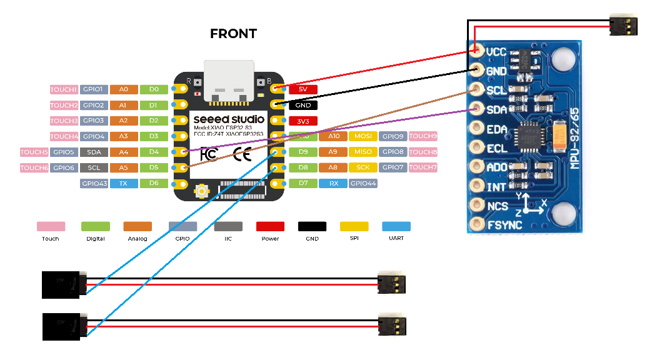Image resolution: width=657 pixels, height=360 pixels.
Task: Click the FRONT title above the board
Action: tap(233, 34)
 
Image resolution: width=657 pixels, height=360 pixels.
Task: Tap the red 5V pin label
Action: tap(303, 89)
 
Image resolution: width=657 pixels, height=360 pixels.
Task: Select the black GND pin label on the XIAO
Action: tap(303, 105)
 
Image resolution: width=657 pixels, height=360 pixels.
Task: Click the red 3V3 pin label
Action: tap(303, 121)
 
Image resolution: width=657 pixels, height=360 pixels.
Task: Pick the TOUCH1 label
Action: tap(64, 89)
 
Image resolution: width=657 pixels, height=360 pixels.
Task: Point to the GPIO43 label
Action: tap(94, 183)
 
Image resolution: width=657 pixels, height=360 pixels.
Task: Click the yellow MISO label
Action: tap(363, 152)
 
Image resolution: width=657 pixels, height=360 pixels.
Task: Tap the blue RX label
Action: tap(333, 183)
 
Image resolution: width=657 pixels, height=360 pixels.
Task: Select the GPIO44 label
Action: tap(363, 183)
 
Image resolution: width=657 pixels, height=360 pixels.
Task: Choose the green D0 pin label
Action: tap(154, 89)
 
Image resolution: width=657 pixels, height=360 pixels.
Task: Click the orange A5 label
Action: tap(124, 167)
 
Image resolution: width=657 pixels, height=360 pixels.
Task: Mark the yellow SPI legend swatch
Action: tap(354, 226)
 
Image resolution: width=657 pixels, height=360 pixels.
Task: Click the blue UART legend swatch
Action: tap(396, 226)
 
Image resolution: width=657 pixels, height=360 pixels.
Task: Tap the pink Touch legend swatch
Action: tap(51, 226)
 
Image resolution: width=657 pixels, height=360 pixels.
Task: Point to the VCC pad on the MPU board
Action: tap(477, 51)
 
